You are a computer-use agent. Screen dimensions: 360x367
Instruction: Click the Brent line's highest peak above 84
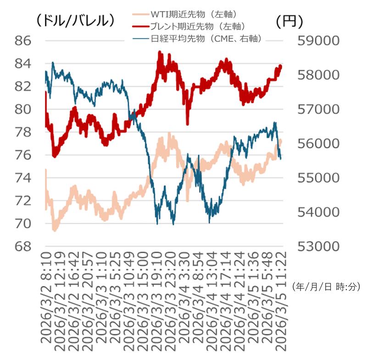(160, 52)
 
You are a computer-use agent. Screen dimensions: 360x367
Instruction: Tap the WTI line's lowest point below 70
(55, 230)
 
